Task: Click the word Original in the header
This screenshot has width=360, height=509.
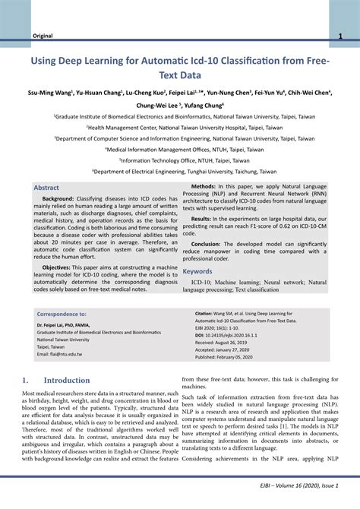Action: click(x=41, y=36)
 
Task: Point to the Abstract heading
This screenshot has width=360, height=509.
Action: click(x=46, y=187)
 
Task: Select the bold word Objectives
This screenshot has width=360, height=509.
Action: click(x=57, y=267)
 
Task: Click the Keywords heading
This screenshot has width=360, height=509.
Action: click(x=197, y=271)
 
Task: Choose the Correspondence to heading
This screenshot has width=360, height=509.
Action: click(x=62, y=313)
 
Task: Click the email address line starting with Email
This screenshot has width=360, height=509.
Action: click(x=59, y=354)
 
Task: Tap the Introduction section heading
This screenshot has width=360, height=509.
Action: click(x=67, y=380)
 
